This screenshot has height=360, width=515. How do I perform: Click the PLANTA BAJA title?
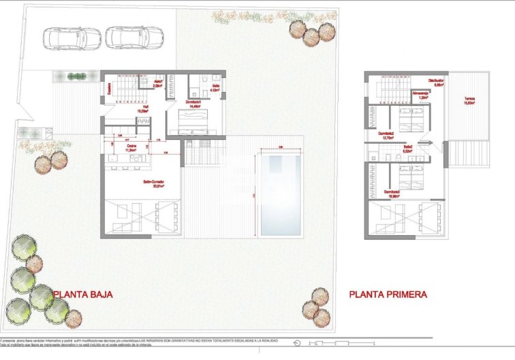[x=82, y=295]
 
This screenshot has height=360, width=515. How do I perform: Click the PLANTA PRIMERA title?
[x=388, y=295]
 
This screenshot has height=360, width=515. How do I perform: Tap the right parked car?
[x=134, y=38]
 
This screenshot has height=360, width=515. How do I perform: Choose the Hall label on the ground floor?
[x=144, y=107]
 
